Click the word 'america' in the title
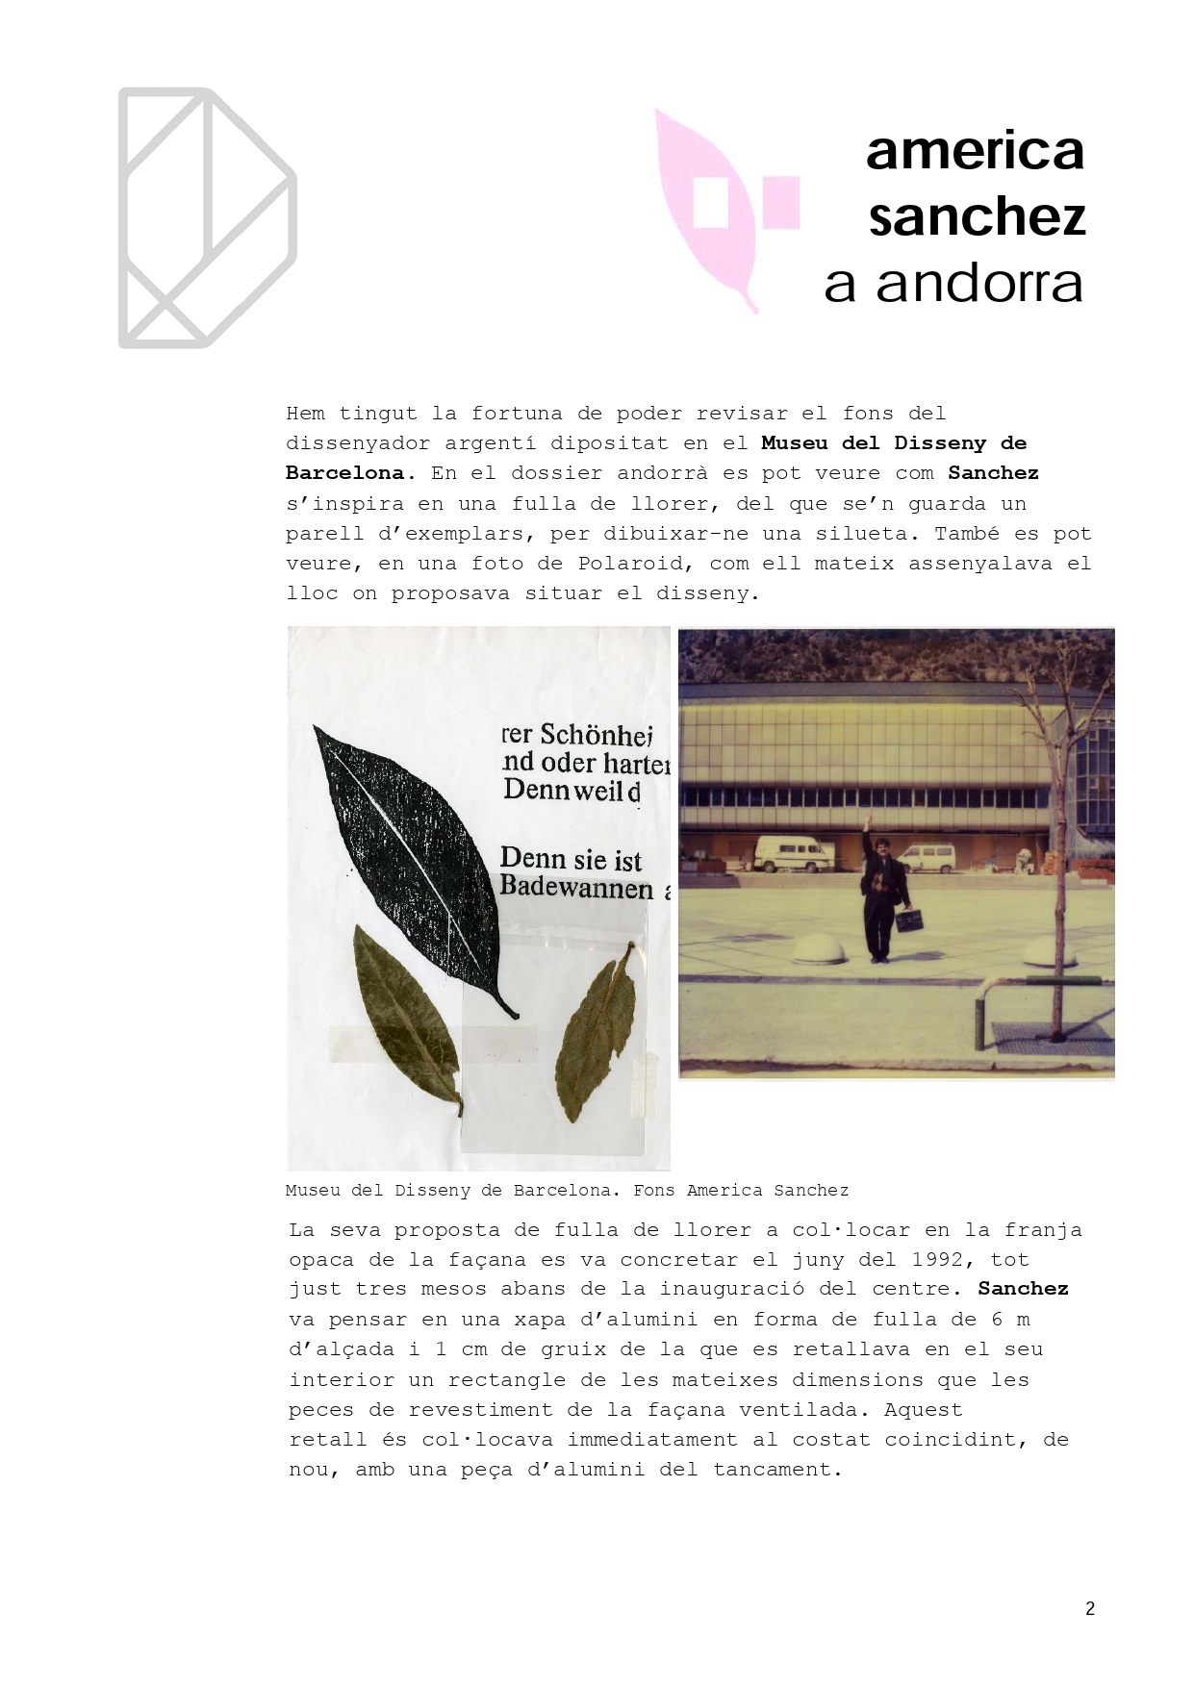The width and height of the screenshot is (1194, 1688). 975,151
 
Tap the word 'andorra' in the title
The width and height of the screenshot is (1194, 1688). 978,283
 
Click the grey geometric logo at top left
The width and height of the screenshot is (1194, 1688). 206,218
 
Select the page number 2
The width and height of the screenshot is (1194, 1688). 1090,1608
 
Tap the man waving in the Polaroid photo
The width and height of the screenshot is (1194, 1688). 877,894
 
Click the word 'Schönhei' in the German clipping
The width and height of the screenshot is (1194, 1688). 596,735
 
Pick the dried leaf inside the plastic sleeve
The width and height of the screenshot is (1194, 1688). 596,1034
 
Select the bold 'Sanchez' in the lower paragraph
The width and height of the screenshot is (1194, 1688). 1023,1289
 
